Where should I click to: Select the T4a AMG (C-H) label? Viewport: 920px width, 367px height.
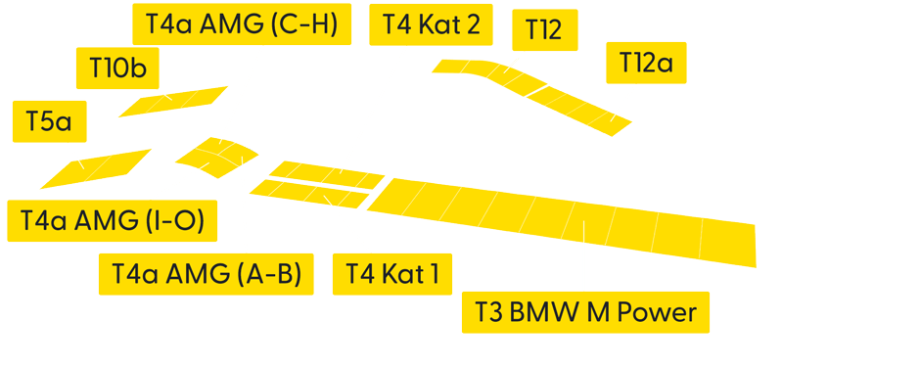[x=241, y=25]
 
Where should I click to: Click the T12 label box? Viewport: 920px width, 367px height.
[x=544, y=29]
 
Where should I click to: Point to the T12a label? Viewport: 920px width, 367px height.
[x=646, y=63]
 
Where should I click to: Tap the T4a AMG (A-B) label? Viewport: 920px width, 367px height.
[x=206, y=274]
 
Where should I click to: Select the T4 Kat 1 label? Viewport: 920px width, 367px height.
[x=392, y=274]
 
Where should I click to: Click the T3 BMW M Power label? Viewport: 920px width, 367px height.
[x=585, y=313]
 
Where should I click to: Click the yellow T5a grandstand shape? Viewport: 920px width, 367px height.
[x=96, y=168]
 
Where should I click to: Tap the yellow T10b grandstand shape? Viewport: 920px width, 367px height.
[x=174, y=101]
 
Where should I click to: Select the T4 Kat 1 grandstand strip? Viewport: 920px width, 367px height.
[x=309, y=194]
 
